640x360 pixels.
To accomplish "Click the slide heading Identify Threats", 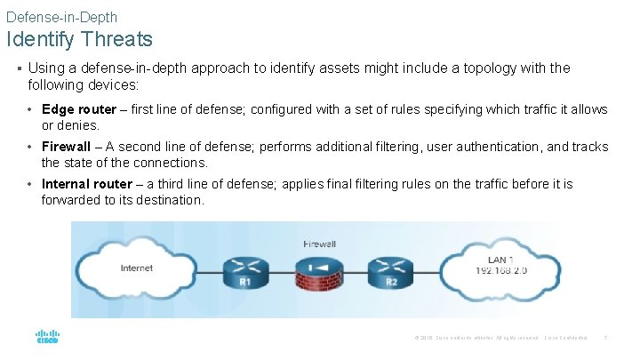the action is tap(79, 40).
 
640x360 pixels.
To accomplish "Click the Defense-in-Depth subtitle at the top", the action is tap(61, 17).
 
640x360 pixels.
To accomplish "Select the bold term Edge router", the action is tap(78, 109).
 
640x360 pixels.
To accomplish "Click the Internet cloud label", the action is tap(136, 268).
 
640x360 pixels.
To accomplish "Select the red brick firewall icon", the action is tap(319, 275).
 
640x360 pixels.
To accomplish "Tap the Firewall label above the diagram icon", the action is tap(319, 243).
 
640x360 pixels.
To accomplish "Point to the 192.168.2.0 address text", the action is tap(502, 270).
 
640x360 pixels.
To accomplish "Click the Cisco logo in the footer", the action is tap(47, 338).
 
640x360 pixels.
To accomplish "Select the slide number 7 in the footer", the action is tap(605, 338).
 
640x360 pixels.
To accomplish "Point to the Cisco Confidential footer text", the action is tap(566, 338).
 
